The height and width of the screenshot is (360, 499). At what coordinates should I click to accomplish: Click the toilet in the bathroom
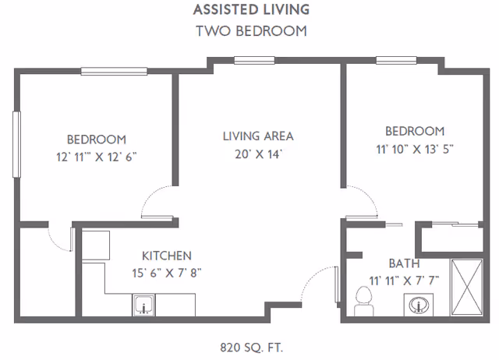(364, 302)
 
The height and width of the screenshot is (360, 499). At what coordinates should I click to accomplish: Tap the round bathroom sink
(419, 305)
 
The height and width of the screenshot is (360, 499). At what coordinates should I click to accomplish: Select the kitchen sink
(143, 305)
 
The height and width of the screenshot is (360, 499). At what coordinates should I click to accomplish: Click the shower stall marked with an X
(467, 288)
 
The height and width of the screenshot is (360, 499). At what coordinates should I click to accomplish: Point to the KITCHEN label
(167, 256)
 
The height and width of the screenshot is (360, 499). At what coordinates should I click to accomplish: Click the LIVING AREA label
(258, 136)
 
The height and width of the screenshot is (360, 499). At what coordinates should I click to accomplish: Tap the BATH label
(404, 263)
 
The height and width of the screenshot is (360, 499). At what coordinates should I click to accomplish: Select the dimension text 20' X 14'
(259, 154)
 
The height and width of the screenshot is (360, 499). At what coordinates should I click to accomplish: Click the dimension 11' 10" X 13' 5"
(415, 149)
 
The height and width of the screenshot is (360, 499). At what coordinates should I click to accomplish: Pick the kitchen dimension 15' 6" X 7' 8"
(167, 273)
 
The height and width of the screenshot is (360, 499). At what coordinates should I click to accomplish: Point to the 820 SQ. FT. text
(251, 348)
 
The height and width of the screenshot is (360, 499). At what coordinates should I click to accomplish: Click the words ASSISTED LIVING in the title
(251, 9)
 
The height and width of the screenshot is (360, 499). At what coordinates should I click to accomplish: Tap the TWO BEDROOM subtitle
(251, 31)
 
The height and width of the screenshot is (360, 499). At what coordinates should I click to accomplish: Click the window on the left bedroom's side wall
(16, 144)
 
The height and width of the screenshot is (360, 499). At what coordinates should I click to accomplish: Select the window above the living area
(255, 60)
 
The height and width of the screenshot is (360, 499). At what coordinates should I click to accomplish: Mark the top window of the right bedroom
(396, 60)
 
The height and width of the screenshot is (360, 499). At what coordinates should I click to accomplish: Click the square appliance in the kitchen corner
(96, 245)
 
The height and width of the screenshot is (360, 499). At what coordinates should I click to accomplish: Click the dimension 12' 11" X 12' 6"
(97, 157)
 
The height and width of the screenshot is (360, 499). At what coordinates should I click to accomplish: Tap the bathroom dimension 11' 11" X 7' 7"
(404, 281)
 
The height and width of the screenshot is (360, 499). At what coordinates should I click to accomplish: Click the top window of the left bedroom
(114, 71)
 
